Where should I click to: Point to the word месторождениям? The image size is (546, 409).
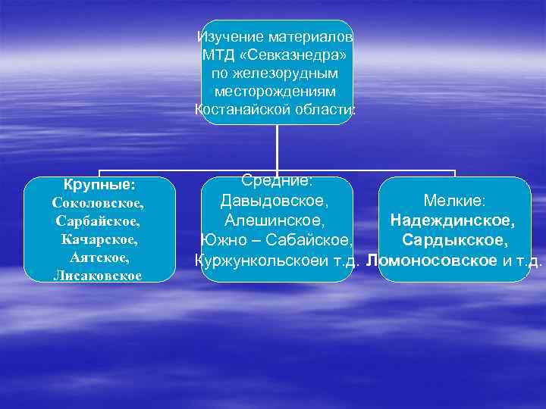(276, 92)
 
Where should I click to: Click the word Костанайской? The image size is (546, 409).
(241, 110)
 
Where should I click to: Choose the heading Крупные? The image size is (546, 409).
(99, 185)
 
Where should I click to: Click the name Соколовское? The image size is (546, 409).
(98, 204)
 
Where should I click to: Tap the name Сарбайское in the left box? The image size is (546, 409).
(98, 222)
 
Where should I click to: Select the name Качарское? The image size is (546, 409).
(99, 240)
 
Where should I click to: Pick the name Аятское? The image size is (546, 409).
(99, 258)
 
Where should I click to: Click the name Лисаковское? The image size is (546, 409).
(98, 276)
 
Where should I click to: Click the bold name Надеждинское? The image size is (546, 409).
(453, 221)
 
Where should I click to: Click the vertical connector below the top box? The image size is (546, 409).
(277, 148)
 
